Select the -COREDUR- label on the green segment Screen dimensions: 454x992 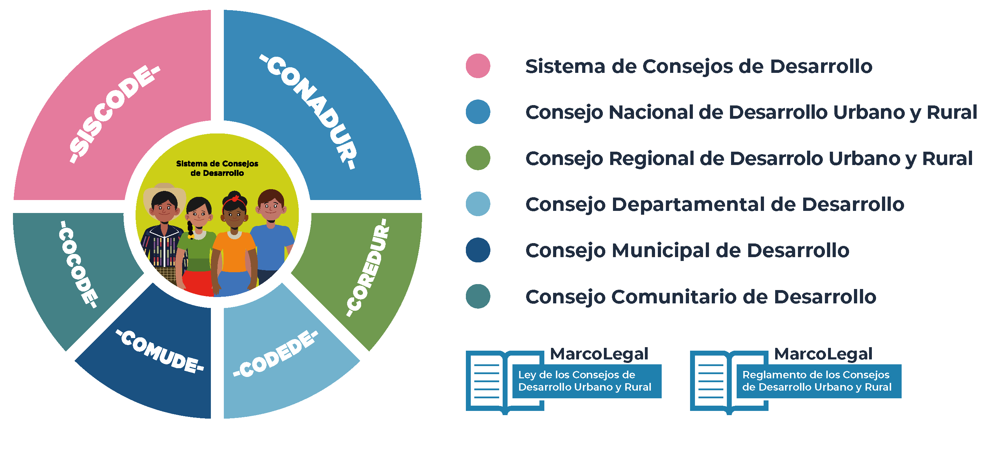click(x=367, y=267)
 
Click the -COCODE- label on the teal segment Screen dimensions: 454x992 click(x=77, y=264)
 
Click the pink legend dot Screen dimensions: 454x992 click(x=478, y=66)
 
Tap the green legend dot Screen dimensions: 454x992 click(x=478, y=158)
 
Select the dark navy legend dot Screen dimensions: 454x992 click(x=478, y=250)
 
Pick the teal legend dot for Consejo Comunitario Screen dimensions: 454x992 click(x=478, y=296)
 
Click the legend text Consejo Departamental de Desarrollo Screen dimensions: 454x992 click(x=714, y=205)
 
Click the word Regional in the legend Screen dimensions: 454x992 click(x=651, y=159)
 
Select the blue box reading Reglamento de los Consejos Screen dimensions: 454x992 click(x=818, y=381)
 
